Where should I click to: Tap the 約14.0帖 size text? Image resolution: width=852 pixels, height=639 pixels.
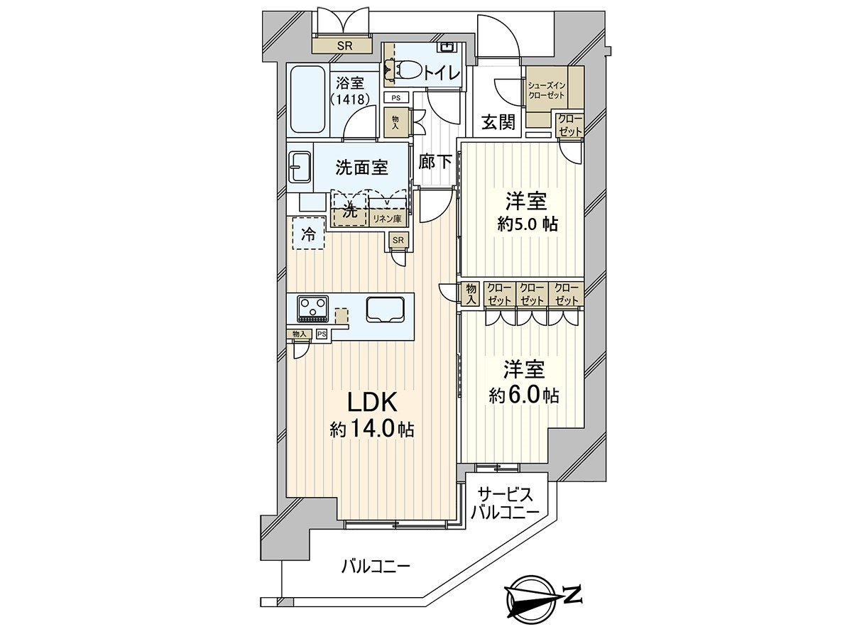click(x=372, y=430)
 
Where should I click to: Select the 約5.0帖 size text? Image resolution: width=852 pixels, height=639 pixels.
click(x=527, y=224)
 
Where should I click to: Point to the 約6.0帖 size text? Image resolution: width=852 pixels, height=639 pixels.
click(x=524, y=395)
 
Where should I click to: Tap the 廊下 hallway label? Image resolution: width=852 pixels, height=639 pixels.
click(x=435, y=162)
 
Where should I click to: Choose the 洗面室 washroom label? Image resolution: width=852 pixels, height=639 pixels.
click(x=361, y=168)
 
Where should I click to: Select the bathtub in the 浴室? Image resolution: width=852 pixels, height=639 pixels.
click(x=307, y=99)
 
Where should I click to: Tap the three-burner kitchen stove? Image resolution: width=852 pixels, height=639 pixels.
click(x=313, y=307)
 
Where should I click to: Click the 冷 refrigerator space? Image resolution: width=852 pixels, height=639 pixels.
click(x=308, y=234)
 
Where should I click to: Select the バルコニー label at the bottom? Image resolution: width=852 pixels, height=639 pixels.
click(x=376, y=567)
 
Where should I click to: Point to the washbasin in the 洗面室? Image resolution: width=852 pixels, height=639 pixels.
click(x=299, y=167)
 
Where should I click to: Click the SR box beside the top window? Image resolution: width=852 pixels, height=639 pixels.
click(x=344, y=46)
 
